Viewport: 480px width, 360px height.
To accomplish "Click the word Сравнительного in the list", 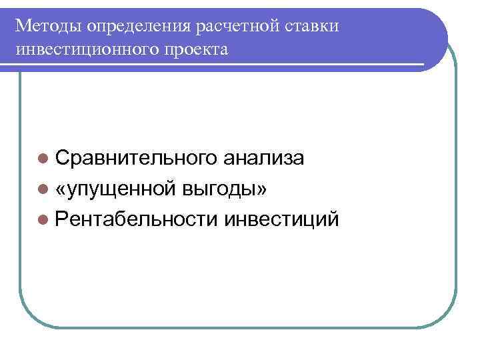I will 135,158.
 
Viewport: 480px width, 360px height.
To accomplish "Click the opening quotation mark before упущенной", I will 61,189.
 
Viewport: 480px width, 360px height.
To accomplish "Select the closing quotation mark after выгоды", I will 262,189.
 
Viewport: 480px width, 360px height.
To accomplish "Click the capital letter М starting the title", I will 23,25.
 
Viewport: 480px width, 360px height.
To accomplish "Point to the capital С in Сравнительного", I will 63,158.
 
